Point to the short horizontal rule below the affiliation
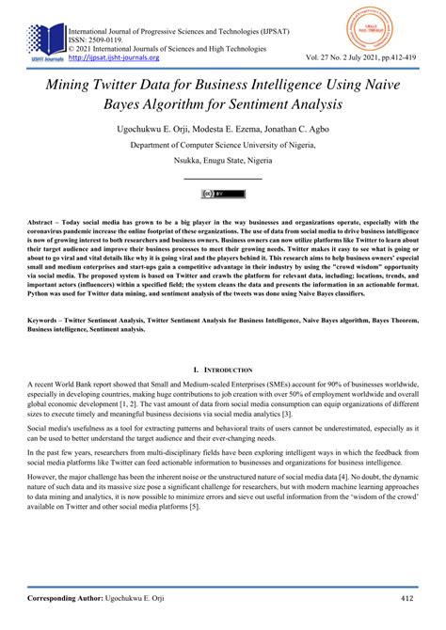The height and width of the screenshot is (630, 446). pyautogui.click(x=222, y=179)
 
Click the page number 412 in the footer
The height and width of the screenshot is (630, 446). pyautogui.click(x=408, y=597)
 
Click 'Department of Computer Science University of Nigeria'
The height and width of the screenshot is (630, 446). pyautogui.click(x=222, y=147)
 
